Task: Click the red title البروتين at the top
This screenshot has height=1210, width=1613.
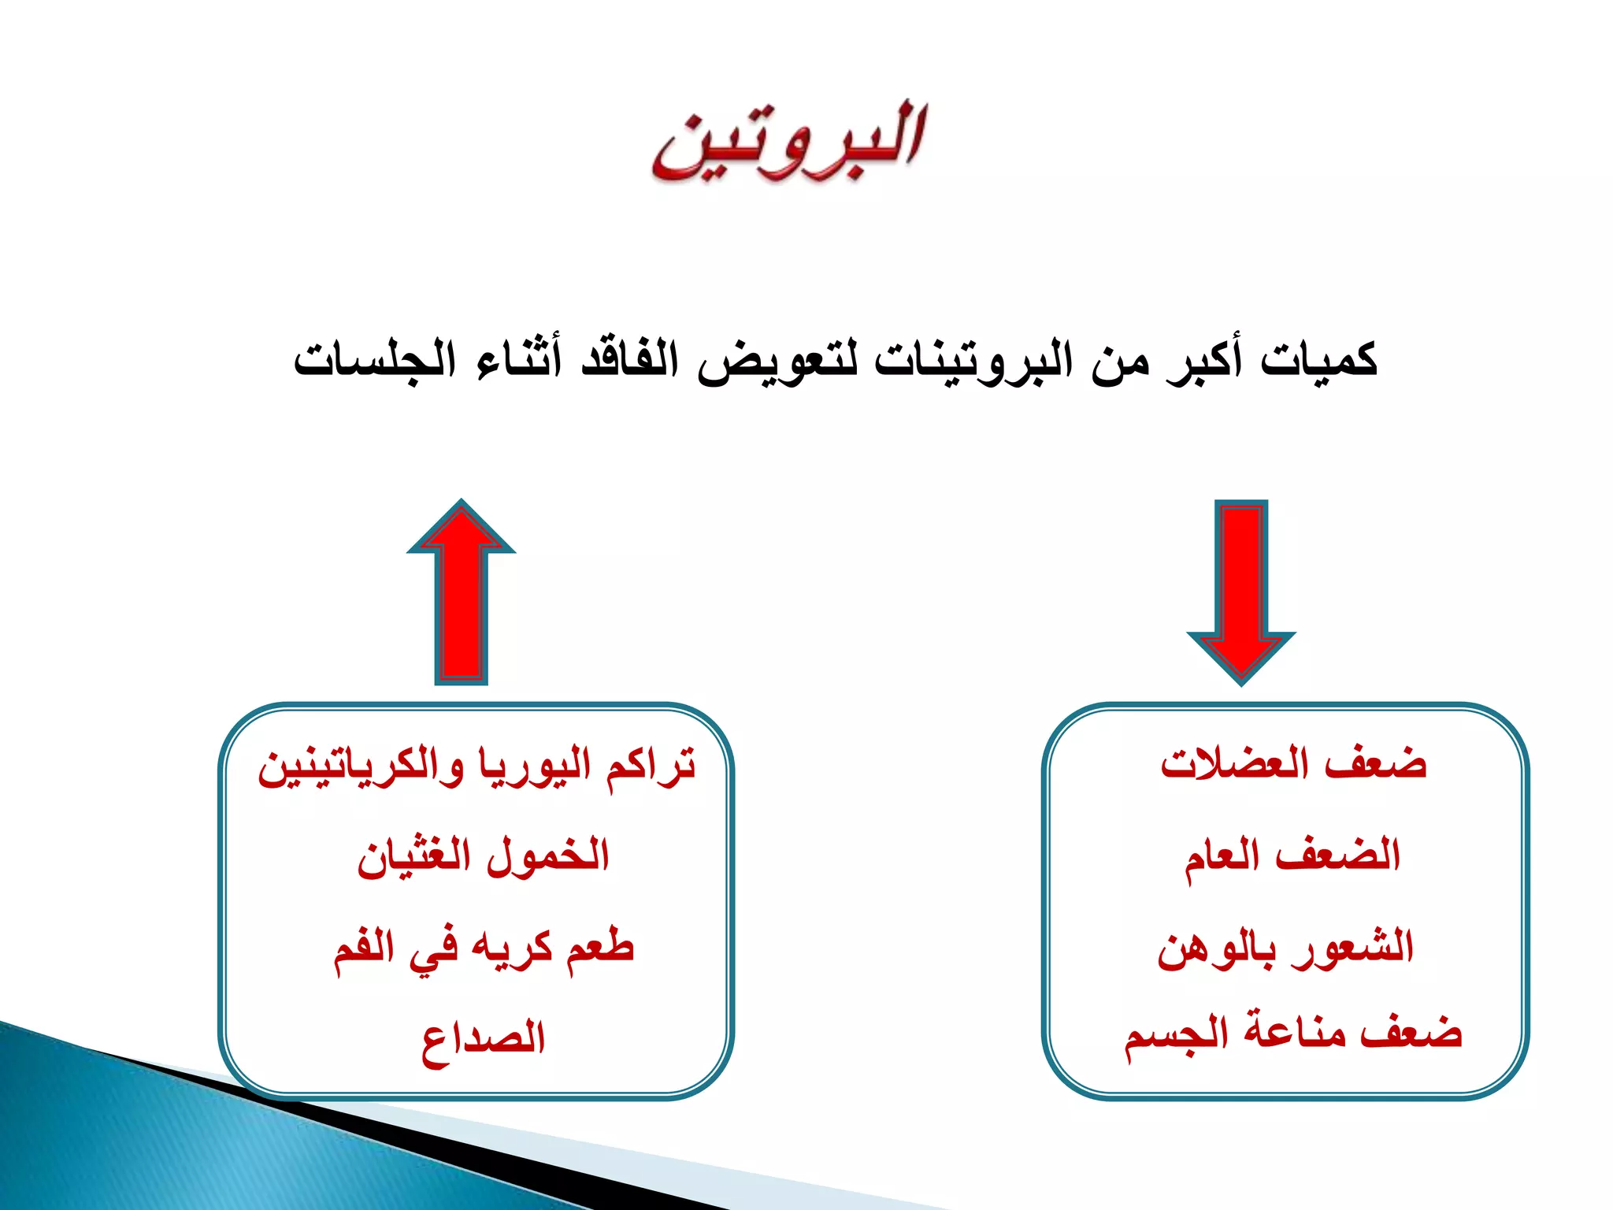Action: click(x=788, y=142)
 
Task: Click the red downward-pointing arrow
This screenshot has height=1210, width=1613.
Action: click(x=1240, y=592)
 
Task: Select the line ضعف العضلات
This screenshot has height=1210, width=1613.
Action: click(x=1292, y=764)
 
